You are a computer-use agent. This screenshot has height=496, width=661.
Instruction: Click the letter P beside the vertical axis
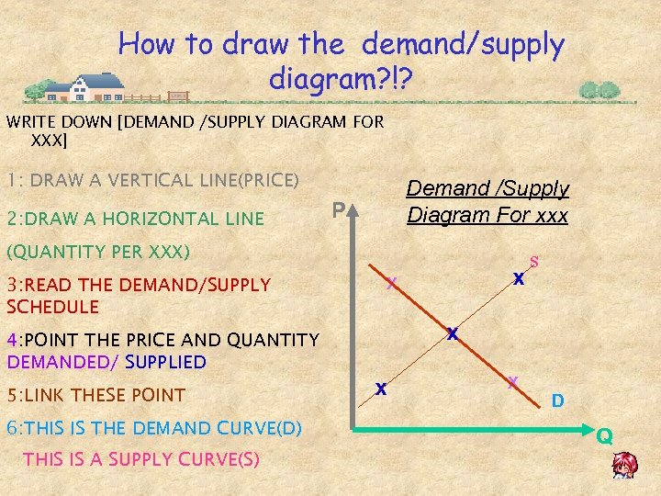point(338,212)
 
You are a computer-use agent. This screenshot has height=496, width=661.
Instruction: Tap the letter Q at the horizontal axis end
point(603,436)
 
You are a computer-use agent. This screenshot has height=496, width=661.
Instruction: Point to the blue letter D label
point(556,401)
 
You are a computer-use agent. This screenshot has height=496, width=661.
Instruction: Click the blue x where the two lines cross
point(452,334)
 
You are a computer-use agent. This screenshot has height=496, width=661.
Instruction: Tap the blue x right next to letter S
point(519,278)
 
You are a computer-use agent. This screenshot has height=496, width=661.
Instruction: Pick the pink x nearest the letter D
point(513,380)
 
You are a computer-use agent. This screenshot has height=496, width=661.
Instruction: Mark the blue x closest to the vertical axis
point(379,389)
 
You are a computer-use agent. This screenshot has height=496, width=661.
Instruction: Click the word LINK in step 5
point(51,395)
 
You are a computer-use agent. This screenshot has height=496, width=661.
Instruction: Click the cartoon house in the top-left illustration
point(84,87)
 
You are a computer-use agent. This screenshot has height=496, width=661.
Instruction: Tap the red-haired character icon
point(625,466)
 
